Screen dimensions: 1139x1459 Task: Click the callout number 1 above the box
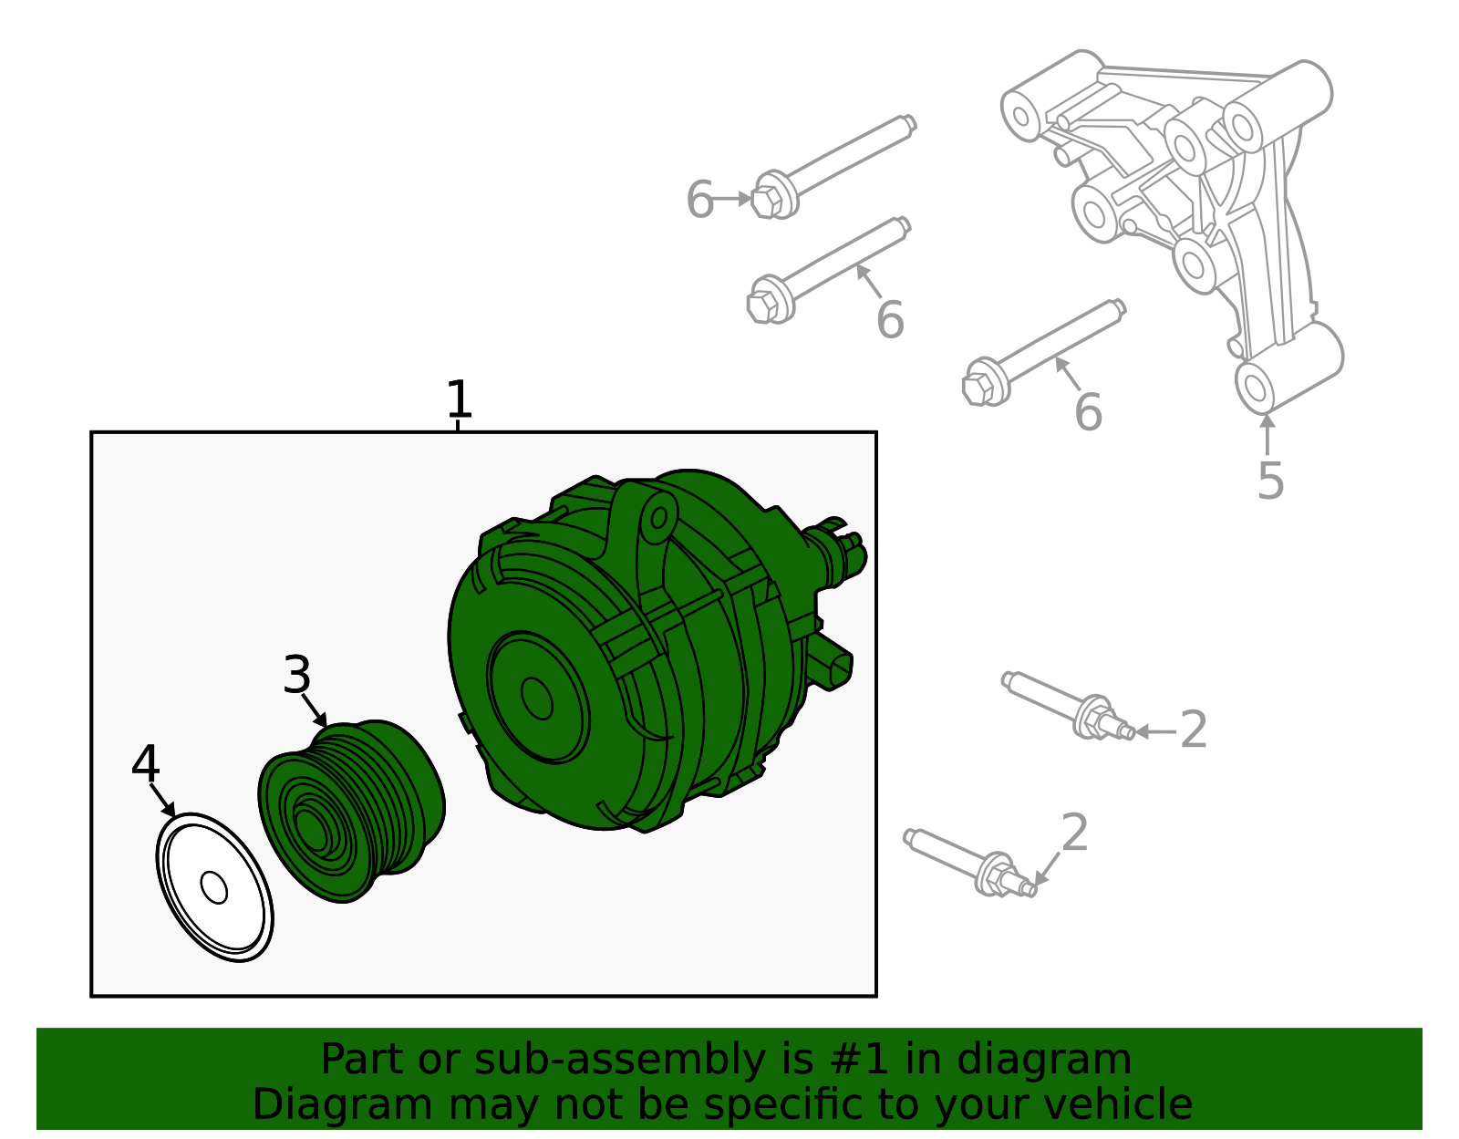459,400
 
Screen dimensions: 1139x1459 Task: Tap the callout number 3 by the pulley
297,676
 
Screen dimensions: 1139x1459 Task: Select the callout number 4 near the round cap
146,764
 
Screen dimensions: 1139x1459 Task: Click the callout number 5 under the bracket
1270,481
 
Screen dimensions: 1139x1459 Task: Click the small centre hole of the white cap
214,887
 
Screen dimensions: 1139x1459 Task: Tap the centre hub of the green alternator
536,699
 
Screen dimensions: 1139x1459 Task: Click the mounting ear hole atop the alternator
658,518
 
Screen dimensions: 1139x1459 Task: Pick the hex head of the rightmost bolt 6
978,387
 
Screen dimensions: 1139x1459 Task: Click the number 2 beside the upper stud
1194,730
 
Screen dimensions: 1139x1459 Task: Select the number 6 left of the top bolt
699,200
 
